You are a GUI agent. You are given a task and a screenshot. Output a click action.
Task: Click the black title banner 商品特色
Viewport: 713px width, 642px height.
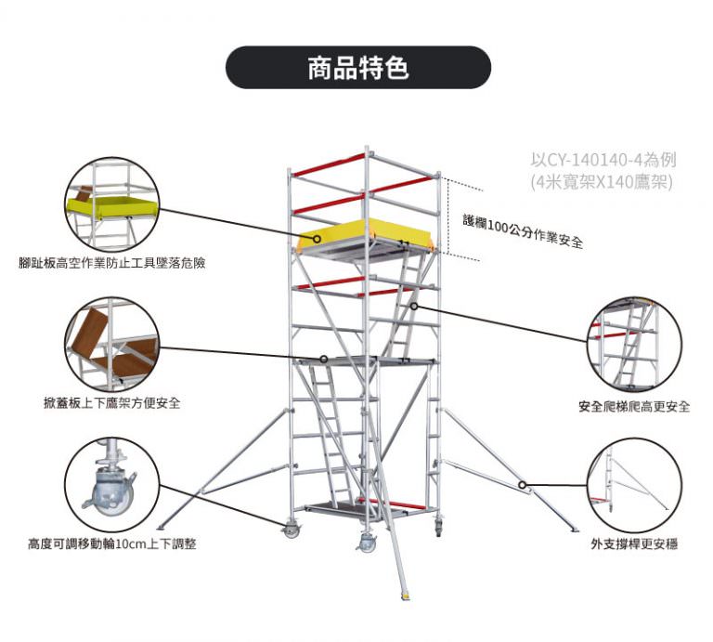click(357, 68)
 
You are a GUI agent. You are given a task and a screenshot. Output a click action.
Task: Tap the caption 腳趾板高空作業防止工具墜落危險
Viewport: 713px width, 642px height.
click(112, 263)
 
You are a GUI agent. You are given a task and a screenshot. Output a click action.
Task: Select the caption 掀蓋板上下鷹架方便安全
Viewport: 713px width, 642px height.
click(112, 403)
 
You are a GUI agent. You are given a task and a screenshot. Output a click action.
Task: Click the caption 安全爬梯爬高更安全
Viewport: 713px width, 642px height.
click(634, 407)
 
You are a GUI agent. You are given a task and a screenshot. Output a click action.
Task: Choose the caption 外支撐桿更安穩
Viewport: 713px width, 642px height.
click(634, 543)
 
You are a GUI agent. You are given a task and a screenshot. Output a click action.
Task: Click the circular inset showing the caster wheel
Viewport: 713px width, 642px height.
click(111, 483)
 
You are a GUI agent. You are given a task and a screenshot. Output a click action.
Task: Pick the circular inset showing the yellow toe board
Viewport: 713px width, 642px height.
click(111, 203)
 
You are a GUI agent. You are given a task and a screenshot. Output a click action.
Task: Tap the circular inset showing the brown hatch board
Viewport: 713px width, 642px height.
click(111, 345)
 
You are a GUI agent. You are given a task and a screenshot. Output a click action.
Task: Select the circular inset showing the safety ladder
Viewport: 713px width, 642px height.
click(634, 345)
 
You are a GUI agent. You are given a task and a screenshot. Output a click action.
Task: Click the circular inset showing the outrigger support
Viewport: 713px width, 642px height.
click(634, 483)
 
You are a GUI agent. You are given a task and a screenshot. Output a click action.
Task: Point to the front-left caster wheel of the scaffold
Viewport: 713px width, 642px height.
click(292, 531)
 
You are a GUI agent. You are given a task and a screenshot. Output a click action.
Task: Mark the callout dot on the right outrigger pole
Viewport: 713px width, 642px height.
click(524, 484)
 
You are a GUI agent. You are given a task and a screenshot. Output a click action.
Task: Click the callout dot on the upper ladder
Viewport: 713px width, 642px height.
click(414, 306)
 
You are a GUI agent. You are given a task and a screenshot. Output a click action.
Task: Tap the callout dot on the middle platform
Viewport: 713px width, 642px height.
click(324, 359)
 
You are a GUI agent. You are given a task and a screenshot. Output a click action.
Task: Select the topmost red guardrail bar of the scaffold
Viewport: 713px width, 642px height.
click(329, 164)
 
